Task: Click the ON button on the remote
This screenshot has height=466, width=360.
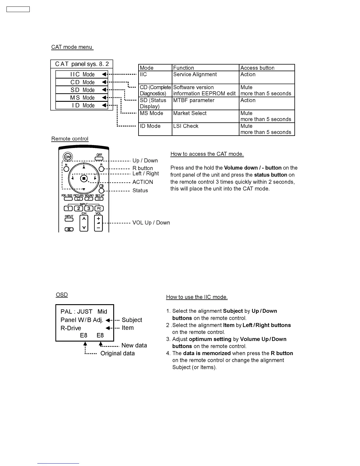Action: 68,157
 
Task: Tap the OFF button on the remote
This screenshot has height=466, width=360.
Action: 99,159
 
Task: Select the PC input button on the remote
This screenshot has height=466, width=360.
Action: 99,209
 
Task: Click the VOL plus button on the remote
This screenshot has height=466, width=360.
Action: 98,219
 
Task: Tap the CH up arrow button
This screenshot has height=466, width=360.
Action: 84,219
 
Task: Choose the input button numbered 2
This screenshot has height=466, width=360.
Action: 79,209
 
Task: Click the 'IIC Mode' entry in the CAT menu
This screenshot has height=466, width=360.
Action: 82,74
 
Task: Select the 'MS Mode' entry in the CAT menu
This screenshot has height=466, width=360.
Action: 82,98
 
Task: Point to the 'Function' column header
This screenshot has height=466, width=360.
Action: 184,68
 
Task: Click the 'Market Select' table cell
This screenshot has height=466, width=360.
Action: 190,113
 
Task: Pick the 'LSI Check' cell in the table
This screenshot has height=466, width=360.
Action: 186,126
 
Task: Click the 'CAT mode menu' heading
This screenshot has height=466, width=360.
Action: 72,47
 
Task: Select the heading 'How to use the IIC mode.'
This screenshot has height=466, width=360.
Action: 197,297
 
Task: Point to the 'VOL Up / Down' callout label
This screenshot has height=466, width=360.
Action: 151,223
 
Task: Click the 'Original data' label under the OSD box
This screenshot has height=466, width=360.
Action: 117,353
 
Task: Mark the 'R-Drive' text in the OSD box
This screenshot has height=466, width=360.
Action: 71,328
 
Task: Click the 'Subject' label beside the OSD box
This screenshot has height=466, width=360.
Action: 132,320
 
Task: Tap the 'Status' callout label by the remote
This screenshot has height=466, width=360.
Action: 140,191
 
